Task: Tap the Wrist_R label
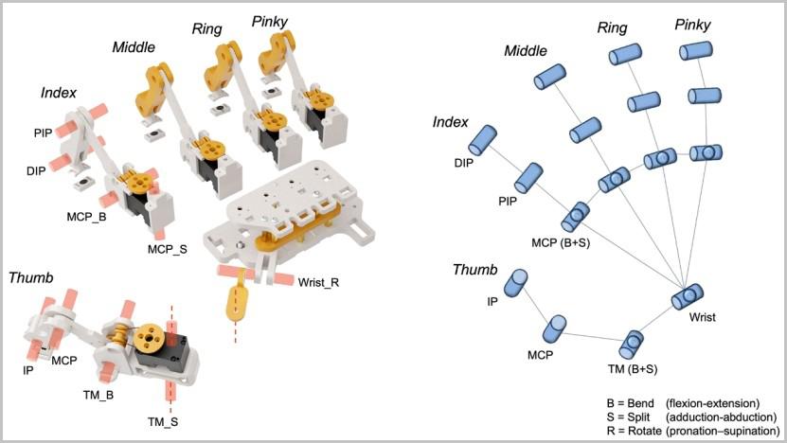tap(319, 281)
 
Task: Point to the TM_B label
tap(98, 394)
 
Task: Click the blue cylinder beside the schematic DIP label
tap(489, 140)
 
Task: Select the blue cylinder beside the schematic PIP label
tap(528, 176)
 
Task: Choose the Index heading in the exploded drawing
tap(59, 93)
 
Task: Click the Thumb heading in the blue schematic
tap(474, 270)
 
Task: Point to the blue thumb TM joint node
tap(632, 343)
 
